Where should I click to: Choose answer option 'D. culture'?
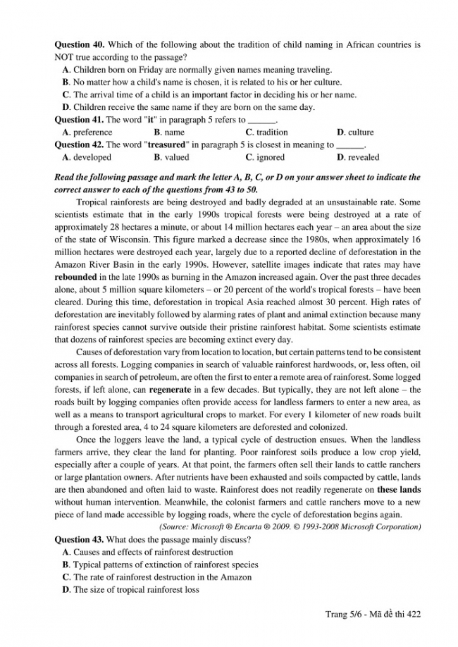pyautogui.click(x=355, y=133)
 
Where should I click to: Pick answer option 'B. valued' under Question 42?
pyautogui.click(x=171, y=158)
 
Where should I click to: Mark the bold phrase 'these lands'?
pyautogui.click(x=400, y=488)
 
